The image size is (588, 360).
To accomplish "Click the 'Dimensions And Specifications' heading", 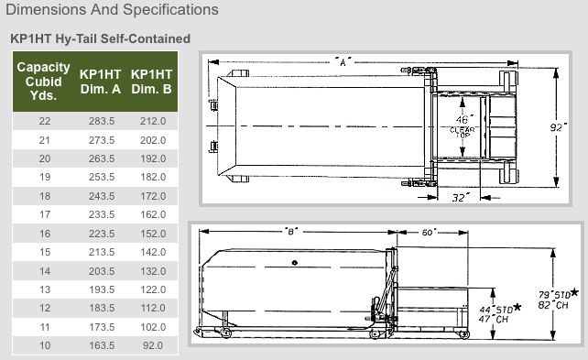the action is [x=112, y=10].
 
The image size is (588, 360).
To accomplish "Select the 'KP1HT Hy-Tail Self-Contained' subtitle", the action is [x=101, y=38].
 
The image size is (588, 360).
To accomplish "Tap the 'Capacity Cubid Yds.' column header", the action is [x=43, y=82].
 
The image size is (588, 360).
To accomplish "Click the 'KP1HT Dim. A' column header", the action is [x=101, y=82].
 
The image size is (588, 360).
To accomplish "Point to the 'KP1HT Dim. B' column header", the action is [x=151, y=82].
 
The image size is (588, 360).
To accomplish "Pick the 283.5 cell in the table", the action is [x=102, y=121].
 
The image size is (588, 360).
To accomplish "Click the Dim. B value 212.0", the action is [x=153, y=121].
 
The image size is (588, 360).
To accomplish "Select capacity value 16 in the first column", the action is [x=45, y=234].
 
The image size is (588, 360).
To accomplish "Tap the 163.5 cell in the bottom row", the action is [x=102, y=345].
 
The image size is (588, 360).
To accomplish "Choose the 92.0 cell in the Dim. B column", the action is [x=153, y=345].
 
